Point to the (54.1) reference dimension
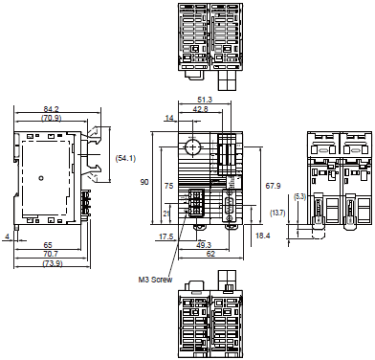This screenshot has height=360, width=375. [x=125, y=157]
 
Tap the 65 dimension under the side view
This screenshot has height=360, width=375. [x=48, y=245]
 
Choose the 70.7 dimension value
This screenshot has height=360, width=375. [x=50, y=254]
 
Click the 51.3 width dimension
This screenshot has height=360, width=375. [x=204, y=100]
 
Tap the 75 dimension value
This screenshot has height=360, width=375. [x=167, y=187]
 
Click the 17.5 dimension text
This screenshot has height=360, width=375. [x=165, y=236]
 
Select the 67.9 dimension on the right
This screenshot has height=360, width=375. [x=273, y=185]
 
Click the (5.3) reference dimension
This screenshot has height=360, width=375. [x=299, y=196]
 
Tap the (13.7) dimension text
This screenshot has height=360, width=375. [x=278, y=213]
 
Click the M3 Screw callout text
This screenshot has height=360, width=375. [x=155, y=281]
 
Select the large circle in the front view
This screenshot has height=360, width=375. [x=192, y=147]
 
